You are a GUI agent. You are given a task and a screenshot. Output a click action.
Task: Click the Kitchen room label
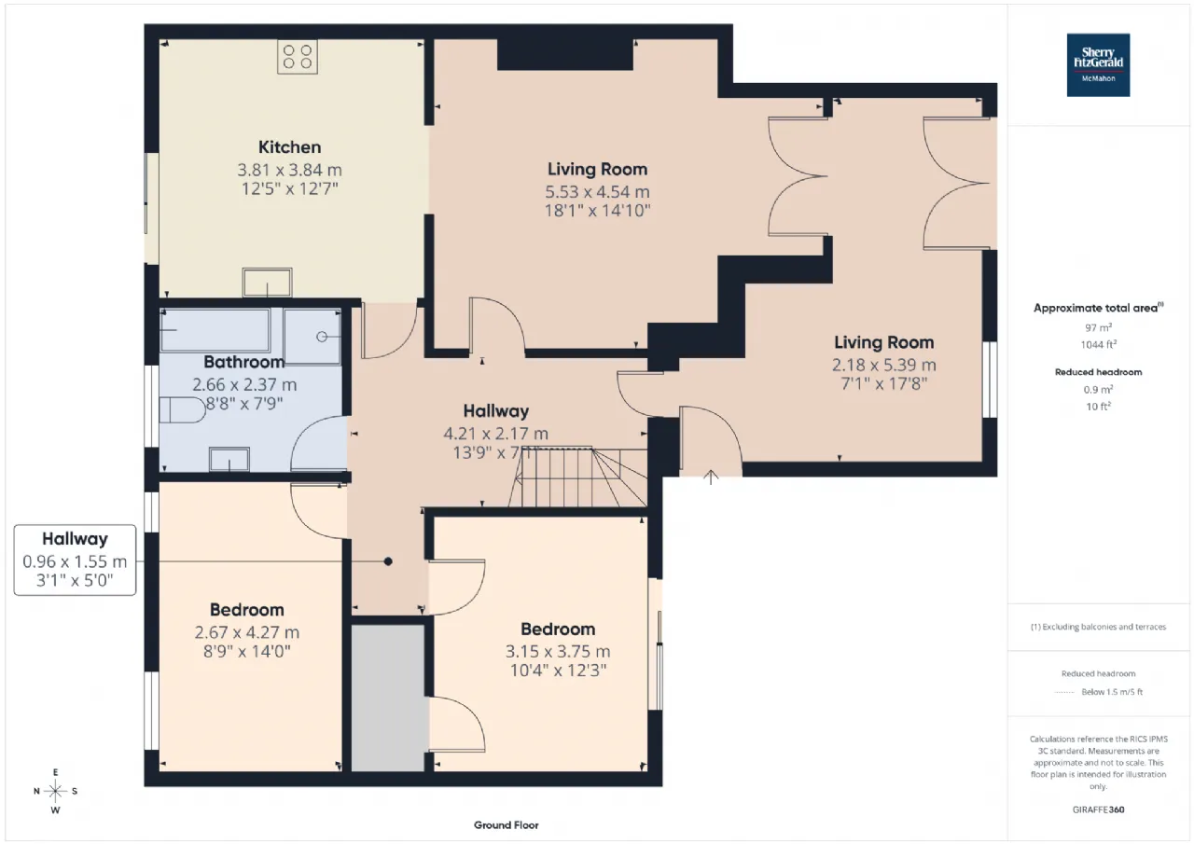coord(289,147)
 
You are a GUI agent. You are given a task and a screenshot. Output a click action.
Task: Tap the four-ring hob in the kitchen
coord(298,57)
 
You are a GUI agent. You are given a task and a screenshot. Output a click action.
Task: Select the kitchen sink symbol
coord(267,282)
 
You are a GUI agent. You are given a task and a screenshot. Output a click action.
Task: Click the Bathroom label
coord(243,362)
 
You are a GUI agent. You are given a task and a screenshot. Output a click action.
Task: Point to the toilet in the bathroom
coord(182,409)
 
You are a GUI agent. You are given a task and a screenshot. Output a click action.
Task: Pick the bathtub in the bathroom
coord(215,330)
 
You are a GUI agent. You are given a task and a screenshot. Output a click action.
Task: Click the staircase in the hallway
coord(578,477)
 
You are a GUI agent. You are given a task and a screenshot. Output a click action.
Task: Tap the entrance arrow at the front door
coord(711,477)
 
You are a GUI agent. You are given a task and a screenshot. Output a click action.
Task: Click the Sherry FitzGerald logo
coord(1098,65)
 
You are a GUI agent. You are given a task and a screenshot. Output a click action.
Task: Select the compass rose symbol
coord(55,791)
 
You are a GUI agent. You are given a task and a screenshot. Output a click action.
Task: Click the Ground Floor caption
coord(506,824)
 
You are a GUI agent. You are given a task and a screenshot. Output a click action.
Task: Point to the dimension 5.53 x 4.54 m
coord(597,192)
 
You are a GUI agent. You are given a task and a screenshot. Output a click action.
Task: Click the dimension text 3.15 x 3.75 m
coord(558,651)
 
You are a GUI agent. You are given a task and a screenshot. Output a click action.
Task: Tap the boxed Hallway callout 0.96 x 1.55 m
coord(76,560)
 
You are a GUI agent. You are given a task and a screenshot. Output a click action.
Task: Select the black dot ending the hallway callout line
coord(388,561)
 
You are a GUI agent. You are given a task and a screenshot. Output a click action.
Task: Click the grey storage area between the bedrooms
coord(388,698)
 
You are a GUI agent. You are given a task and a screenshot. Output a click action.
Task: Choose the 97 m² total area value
coord(1098,327)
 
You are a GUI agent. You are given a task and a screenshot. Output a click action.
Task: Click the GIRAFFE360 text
coord(1098,809)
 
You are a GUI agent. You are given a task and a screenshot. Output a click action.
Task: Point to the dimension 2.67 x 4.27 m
coord(247,632)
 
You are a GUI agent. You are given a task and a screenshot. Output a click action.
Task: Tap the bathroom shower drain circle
coord(322,337)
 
